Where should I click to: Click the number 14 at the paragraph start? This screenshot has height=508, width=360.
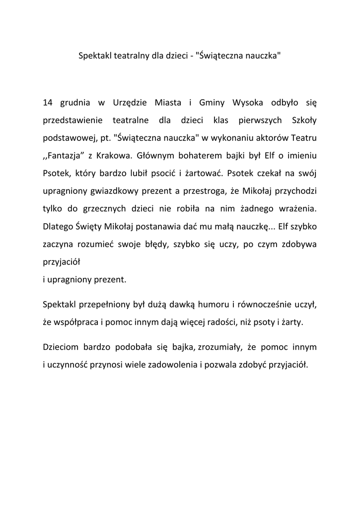48,103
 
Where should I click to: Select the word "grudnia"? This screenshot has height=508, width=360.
75,103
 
